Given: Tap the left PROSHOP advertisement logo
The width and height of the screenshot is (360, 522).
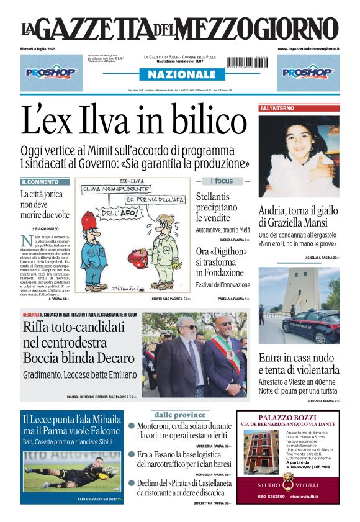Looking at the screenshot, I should tap(52, 73).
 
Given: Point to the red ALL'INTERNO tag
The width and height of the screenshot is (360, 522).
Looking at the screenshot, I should tap(277, 108).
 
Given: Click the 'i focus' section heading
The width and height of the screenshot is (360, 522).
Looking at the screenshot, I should tap(222, 181).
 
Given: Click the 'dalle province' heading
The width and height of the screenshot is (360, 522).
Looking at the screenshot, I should tap(180, 415).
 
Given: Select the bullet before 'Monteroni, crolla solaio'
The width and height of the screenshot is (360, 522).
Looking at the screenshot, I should tap(132, 426).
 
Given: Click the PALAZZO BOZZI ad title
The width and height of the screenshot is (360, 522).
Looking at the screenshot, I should tap(288, 418).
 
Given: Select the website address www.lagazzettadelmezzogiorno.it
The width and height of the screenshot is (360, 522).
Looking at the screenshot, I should tap(308, 48).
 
